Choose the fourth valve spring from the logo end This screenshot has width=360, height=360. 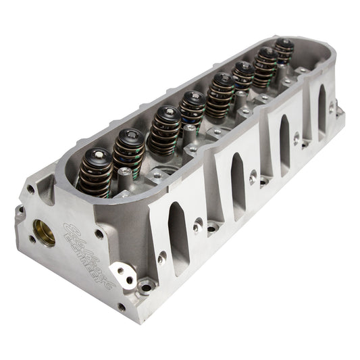192,111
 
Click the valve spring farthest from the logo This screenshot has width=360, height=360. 284,51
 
